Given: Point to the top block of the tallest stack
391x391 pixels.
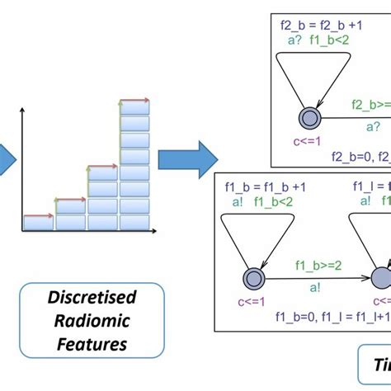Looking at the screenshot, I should click(134, 107).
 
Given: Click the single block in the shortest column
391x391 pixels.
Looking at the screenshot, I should click(37, 221).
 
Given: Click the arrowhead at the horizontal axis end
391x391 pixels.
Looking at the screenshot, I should click(154, 232).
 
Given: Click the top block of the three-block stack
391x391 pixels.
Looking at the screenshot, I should click(102, 173).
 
